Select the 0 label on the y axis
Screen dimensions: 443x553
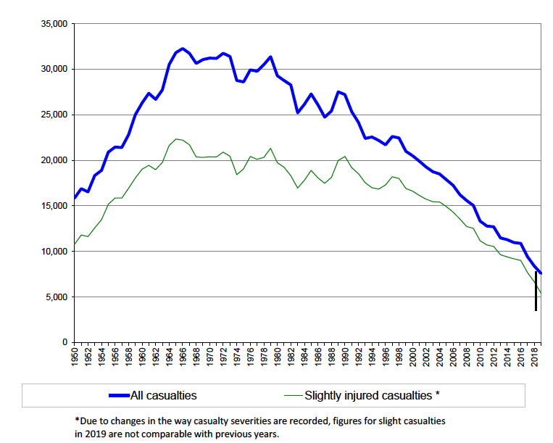[65, 342]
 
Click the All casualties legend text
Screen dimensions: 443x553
[163, 396]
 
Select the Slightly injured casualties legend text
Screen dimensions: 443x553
[372, 396]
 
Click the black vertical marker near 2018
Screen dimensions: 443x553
[536, 291]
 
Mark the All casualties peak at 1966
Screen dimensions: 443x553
[182, 49]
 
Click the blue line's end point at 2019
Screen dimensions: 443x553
[541, 273]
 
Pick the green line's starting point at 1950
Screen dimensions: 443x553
[74, 244]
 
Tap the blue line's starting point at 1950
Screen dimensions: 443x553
[74, 198]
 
